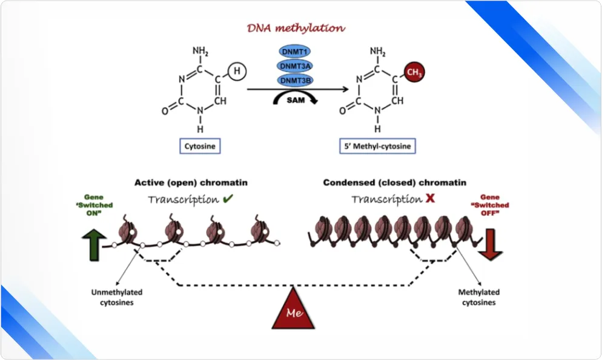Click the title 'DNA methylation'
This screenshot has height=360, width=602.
296,28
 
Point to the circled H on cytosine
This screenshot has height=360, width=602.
237,72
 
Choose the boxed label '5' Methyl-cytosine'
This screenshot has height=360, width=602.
377,146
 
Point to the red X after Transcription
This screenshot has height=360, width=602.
429,199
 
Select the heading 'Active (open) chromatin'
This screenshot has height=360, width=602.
190,182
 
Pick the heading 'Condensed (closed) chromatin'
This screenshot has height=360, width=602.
394,182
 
